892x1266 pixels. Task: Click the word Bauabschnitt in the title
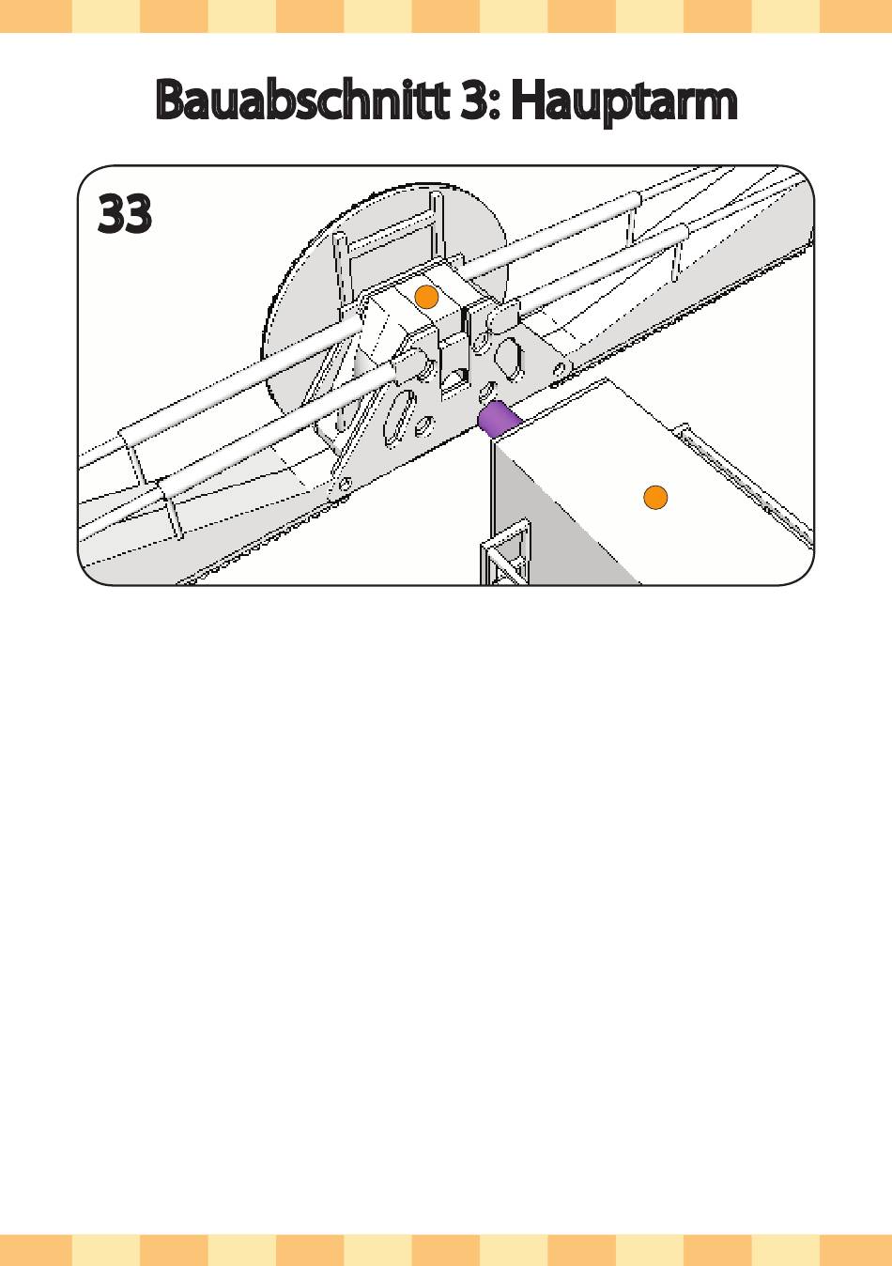[x=300, y=100]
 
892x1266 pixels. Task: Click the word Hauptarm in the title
[x=623, y=100]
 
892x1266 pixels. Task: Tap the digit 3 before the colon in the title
[x=474, y=100]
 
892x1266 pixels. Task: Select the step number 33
[x=125, y=215]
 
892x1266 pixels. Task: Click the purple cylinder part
[x=498, y=418]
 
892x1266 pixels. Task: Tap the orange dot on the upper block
[x=427, y=297]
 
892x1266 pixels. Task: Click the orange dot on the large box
[x=655, y=497]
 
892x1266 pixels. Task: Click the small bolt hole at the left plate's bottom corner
[x=344, y=484]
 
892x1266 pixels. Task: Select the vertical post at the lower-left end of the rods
[x=172, y=512]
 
